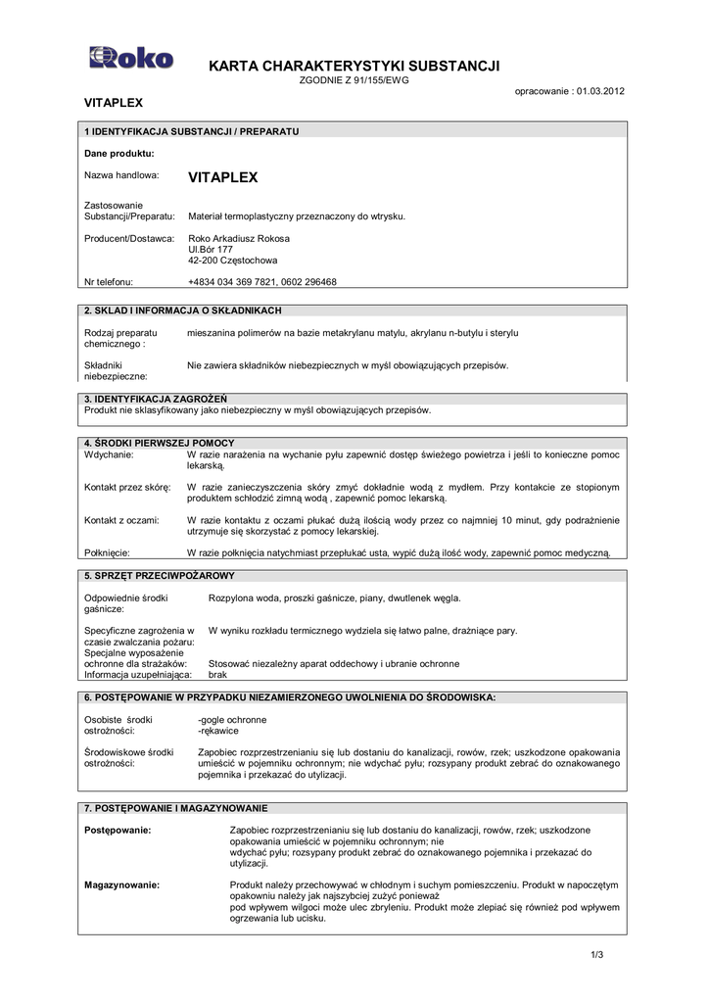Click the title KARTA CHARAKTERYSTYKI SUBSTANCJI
point(354,66)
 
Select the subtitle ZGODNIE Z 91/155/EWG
point(354,80)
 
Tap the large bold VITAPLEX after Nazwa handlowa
point(222,178)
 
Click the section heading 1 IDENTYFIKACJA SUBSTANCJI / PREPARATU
point(192,130)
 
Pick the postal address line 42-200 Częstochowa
point(232,261)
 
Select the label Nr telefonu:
point(109,281)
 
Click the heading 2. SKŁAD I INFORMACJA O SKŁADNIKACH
point(183,310)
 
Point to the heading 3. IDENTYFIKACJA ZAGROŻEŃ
point(156,399)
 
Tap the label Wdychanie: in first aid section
point(109,455)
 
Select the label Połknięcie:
point(108,552)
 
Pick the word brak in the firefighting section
point(217,675)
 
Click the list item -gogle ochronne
point(231,720)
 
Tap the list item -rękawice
point(219,731)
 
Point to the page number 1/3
point(596,955)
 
